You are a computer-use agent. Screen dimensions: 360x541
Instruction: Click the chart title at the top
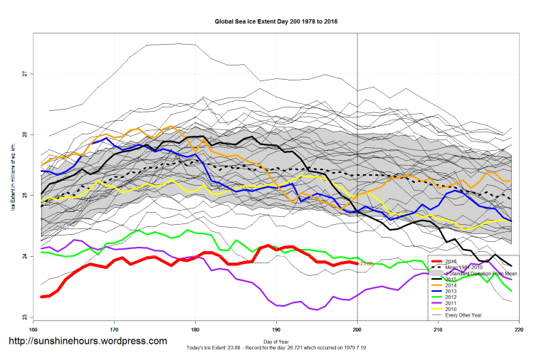tap(276, 21)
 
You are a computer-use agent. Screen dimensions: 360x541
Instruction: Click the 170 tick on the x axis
tap(114, 329)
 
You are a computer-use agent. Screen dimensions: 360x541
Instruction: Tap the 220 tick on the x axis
tap(519, 329)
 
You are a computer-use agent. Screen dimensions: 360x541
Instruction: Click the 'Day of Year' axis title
tap(276, 342)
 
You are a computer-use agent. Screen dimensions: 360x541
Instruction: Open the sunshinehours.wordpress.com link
tap(87, 342)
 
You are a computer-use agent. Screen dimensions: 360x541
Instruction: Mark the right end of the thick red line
tap(357, 263)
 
